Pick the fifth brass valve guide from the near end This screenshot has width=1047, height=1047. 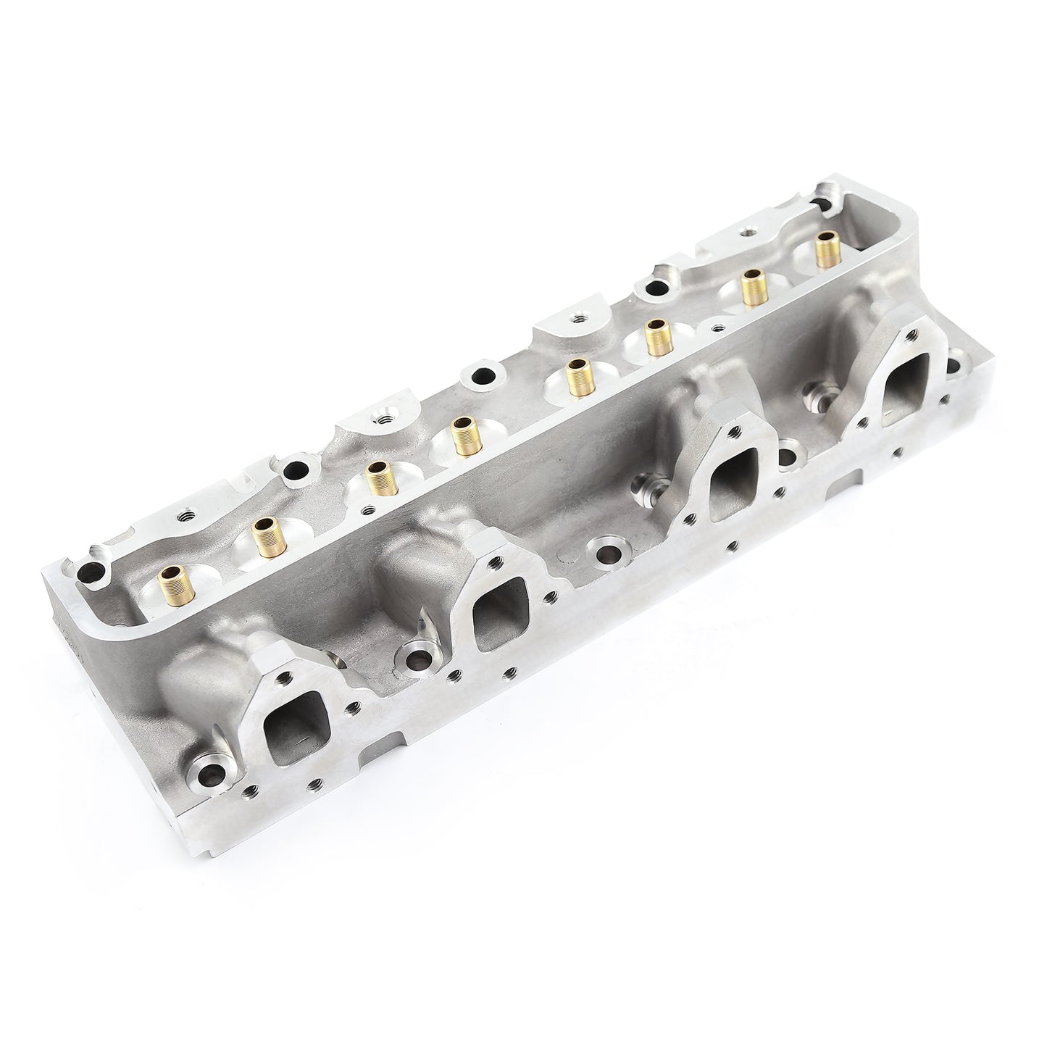pos(577,377)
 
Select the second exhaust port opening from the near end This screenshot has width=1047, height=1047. pos(499,619)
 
